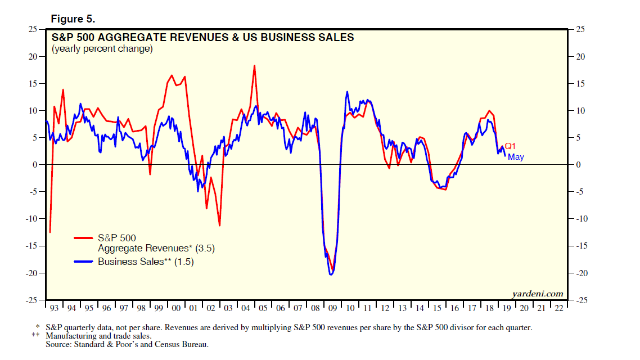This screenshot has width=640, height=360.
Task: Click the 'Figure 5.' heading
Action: (73, 19)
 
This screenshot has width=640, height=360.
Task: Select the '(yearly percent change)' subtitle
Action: (102, 49)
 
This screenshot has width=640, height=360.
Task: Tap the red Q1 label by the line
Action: (510, 146)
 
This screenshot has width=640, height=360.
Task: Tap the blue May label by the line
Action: (516, 157)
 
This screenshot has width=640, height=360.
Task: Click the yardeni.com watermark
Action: (537, 294)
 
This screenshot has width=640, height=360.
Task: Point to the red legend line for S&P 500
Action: (84, 238)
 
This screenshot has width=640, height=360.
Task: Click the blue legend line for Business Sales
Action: (84, 262)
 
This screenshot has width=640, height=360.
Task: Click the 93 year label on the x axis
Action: (54, 308)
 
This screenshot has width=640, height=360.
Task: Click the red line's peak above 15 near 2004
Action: (254, 66)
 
